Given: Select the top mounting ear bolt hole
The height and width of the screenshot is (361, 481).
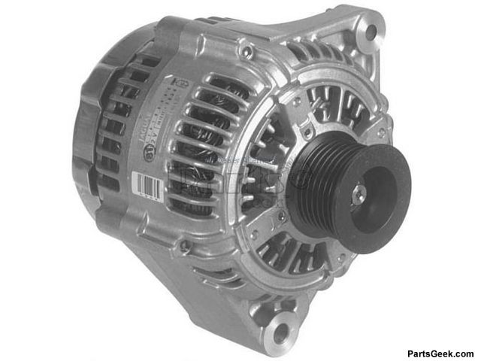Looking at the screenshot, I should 369,32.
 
